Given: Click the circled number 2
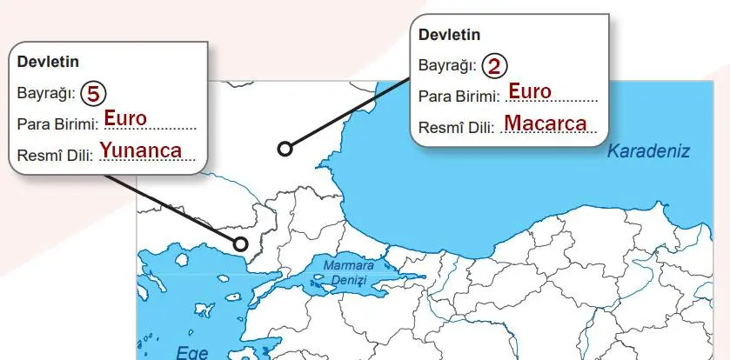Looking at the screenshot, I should [x=494, y=64].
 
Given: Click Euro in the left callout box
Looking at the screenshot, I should [x=125, y=117].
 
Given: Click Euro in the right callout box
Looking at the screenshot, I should [x=529, y=91].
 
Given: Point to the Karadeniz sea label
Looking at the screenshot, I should [x=648, y=151].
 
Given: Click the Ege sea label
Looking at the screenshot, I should [x=192, y=352].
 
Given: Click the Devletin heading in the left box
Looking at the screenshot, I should [x=45, y=63].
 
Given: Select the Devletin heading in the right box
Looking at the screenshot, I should [x=449, y=36].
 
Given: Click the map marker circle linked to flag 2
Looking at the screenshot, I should [x=285, y=149].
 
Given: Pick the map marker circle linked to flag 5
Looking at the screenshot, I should [x=241, y=243].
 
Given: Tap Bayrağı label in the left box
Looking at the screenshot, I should [x=45, y=90].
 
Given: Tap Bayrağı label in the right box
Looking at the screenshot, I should [x=447, y=65].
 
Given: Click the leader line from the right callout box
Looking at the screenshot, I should [x=348, y=113].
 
